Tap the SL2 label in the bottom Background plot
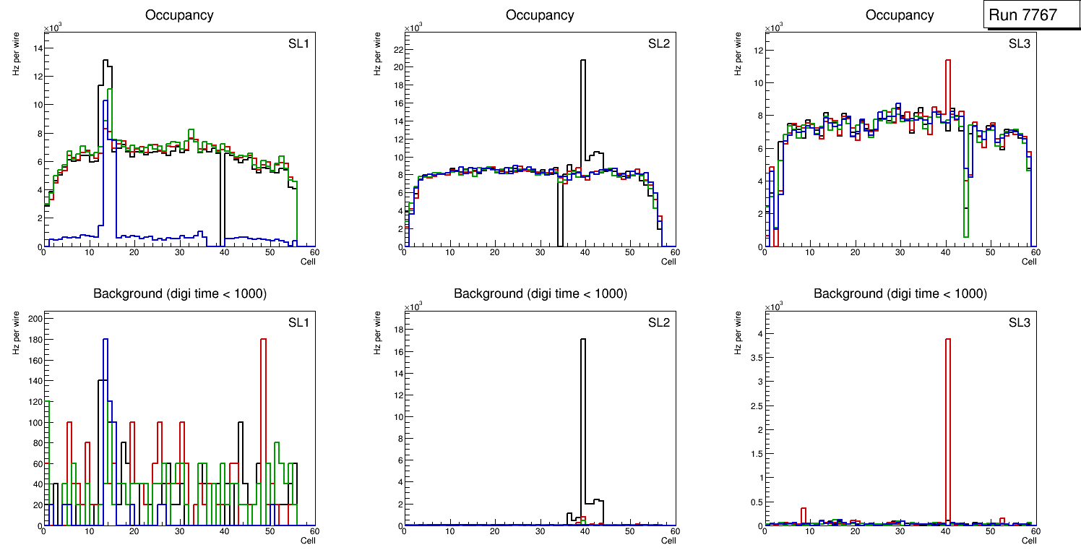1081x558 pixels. pyautogui.click(x=659, y=322)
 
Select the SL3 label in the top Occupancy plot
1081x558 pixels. pyautogui.click(x=1020, y=44)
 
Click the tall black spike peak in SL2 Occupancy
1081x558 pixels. pyautogui.click(x=582, y=61)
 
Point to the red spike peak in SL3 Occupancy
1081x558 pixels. pyautogui.click(x=947, y=61)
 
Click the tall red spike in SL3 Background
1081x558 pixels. pyautogui.click(x=947, y=340)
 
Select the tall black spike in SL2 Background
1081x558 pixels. pyautogui.click(x=582, y=340)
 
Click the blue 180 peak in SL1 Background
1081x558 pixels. pyautogui.click(x=105, y=339)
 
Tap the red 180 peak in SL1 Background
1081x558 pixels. pyautogui.click(x=263, y=339)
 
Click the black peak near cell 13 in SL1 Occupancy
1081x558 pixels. pyautogui.click(x=105, y=61)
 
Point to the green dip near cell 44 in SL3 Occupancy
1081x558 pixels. pyautogui.click(x=965, y=236)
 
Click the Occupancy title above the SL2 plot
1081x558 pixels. pyautogui.click(x=540, y=14)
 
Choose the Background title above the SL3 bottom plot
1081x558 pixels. pyautogui.click(x=900, y=293)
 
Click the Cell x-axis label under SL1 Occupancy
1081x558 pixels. pyautogui.click(x=308, y=262)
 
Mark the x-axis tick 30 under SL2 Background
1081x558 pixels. pyautogui.click(x=539, y=533)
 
